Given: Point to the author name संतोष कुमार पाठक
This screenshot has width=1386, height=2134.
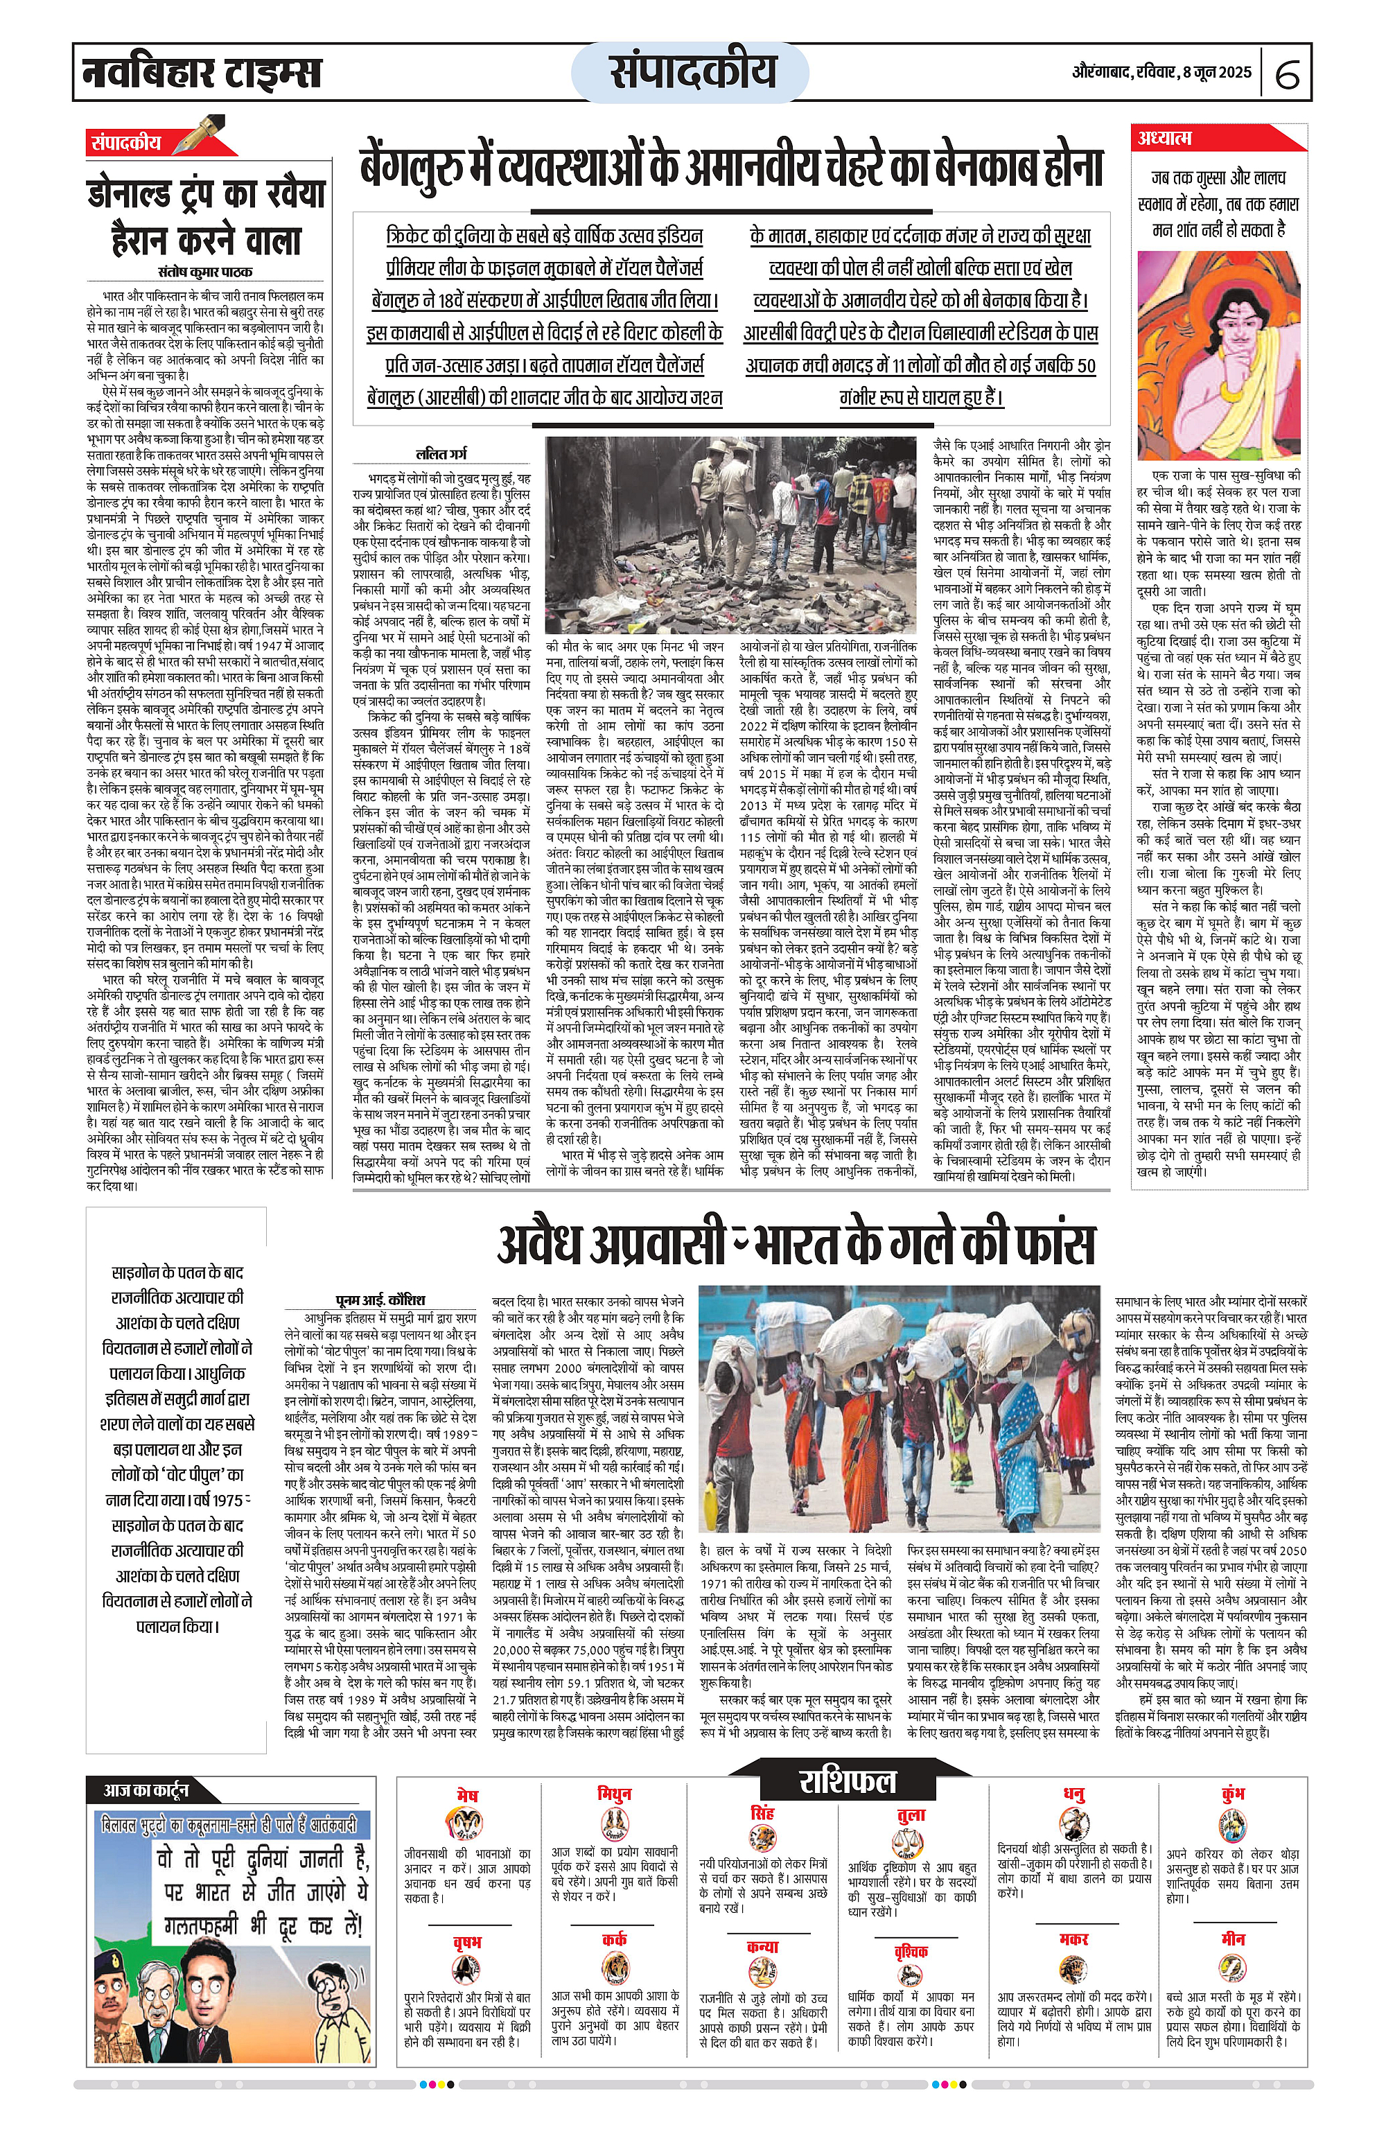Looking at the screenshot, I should pos(204,272).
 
